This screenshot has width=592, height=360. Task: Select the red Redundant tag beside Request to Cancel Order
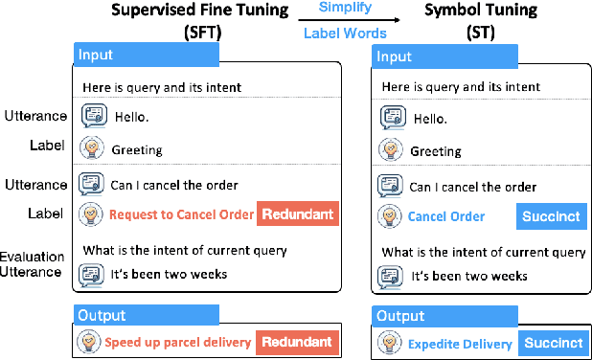(298, 214)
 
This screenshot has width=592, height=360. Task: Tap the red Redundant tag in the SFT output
(298, 341)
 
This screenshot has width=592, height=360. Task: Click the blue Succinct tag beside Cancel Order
(553, 216)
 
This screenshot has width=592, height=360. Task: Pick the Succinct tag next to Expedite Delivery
(553, 343)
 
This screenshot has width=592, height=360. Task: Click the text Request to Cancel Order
(181, 214)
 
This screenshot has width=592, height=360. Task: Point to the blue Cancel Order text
(445, 216)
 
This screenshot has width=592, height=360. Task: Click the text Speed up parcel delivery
(177, 342)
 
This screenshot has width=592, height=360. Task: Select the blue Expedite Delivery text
(461, 343)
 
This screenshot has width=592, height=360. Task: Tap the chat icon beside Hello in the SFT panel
(93, 117)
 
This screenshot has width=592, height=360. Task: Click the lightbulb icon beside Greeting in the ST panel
(390, 150)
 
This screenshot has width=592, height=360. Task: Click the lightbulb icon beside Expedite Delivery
(389, 343)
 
